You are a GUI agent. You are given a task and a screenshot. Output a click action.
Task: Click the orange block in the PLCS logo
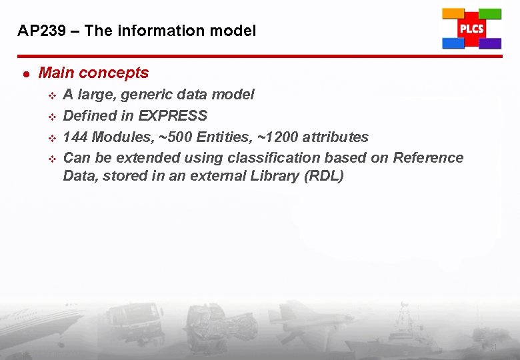coord(453,13)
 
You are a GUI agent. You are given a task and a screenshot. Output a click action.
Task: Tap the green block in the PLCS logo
coord(490,13)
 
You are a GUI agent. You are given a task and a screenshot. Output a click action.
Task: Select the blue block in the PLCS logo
coord(453,43)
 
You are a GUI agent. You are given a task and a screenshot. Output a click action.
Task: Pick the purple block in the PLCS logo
coord(490,43)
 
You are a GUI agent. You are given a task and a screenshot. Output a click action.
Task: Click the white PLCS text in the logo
coord(471,29)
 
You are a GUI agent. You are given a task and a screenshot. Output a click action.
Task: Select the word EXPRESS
coord(173,115)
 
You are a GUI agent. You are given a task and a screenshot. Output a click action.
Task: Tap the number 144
coord(75,137)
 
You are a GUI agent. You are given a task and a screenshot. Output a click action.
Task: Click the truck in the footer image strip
coord(137,323)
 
